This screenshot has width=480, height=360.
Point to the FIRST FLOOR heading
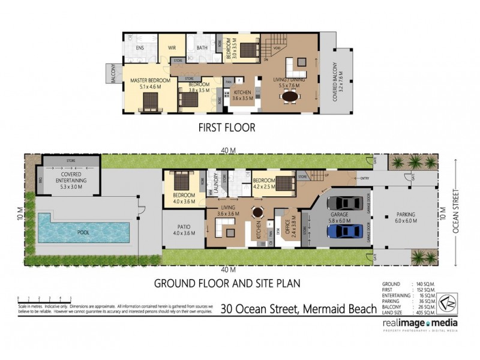227,127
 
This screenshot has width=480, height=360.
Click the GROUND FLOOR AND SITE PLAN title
227,282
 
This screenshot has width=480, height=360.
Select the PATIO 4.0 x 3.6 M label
185,230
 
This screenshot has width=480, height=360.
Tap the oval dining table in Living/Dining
291,96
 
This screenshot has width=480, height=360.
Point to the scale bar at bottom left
45,298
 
